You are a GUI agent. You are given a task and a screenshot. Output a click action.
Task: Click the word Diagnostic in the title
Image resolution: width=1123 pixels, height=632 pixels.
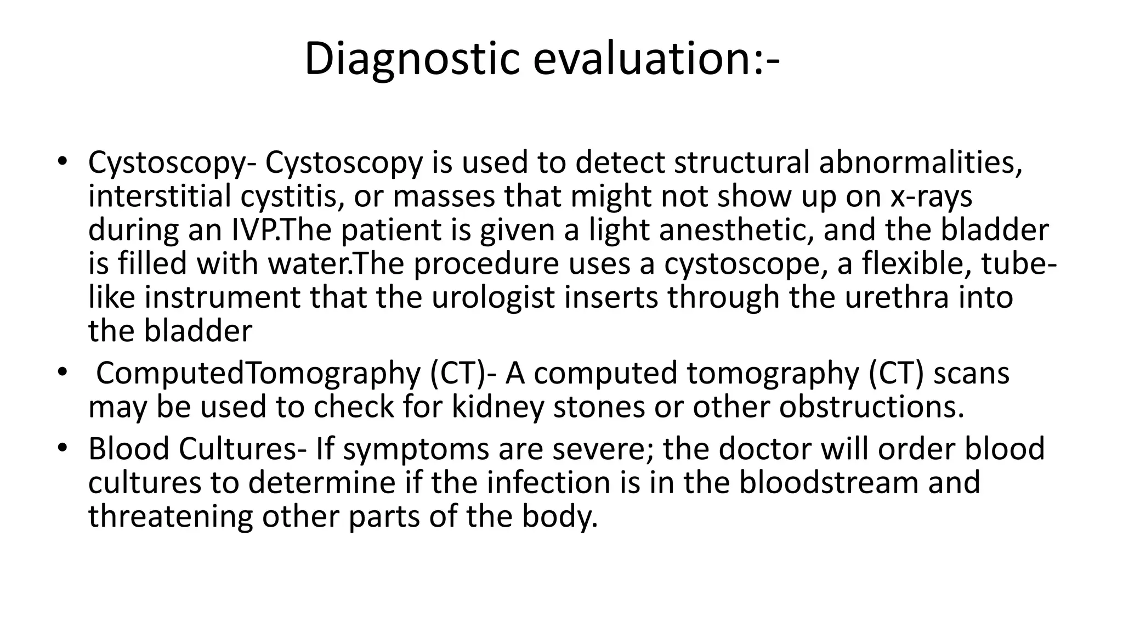(x=411, y=59)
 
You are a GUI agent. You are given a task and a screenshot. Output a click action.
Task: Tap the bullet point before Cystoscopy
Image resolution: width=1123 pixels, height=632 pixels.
(x=62, y=162)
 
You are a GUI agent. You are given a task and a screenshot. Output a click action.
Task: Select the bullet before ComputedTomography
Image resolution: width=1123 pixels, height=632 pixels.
(x=62, y=373)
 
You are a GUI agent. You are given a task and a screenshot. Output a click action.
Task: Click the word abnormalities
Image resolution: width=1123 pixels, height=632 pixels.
(x=920, y=163)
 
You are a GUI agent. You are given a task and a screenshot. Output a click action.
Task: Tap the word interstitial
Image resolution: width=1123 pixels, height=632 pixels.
(x=160, y=196)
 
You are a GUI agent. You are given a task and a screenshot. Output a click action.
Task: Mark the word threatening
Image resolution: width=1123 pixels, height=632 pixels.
(x=171, y=517)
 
